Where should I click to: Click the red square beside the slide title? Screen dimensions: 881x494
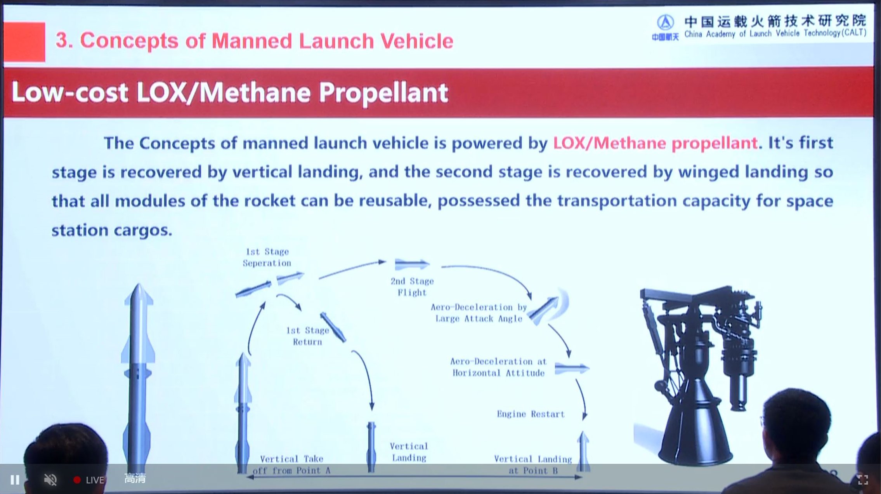(x=24, y=42)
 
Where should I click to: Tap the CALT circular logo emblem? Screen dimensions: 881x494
(x=665, y=23)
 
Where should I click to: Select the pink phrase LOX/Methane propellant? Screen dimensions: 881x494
(x=655, y=143)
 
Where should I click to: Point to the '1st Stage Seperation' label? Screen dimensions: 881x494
(x=267, y=257)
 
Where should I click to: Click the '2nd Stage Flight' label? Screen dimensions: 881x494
(x=412, y=287)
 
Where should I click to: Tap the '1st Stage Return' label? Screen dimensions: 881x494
(x=307, y=336)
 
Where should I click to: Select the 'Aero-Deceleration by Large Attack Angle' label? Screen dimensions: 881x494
(x=479, y=313)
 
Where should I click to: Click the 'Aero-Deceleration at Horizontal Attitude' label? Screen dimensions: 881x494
(x=498, y=367)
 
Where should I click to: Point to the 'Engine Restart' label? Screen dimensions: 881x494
(x=531, y=414)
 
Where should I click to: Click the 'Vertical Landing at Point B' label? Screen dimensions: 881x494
(x=533, y=465)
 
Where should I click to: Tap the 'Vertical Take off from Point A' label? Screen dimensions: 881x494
(x=291, y=464)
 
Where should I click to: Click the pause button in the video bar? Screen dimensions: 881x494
(x=15, y=480)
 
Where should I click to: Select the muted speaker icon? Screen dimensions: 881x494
(x=50, y=480)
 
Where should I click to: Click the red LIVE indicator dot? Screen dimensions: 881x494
(x=77, y=480)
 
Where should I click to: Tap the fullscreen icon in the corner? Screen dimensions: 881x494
(x=863, y=480)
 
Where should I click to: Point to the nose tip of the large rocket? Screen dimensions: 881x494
(x=139, y=285)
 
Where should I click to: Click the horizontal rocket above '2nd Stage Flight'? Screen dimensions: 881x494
(x=412, y=264)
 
